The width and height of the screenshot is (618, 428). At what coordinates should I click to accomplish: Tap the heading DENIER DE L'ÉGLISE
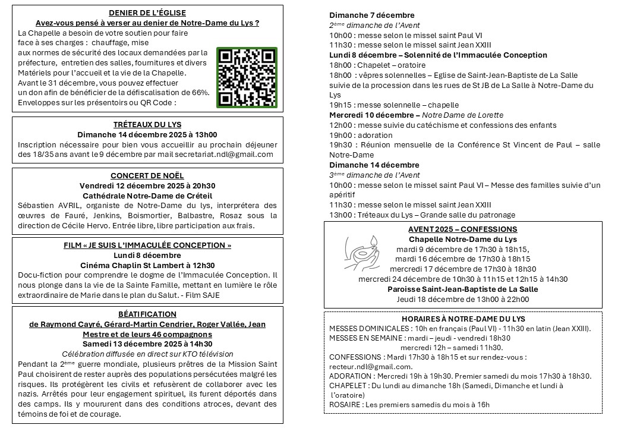click(147, 12)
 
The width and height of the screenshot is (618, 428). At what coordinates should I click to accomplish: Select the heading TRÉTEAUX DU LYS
click(147, 124)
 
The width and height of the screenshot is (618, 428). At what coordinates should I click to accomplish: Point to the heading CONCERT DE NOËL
click(147, 175)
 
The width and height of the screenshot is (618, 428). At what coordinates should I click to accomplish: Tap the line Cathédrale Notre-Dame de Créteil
click(147, 196)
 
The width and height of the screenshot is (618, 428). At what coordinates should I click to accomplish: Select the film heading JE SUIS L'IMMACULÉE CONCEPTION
click(147, 246)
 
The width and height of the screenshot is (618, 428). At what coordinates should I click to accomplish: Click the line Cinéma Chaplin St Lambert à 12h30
click(147, 265)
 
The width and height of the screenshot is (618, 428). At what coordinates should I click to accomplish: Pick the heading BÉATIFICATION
click(147, 314)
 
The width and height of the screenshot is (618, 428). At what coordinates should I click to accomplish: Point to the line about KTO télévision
click(147, 354)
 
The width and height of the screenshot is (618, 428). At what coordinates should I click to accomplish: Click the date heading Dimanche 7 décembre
click(372, 15)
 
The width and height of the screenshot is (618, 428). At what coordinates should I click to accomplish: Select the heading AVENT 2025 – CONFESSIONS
click(462, 229)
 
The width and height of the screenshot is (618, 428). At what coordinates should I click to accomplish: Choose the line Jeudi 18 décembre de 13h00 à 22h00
click(462, 299)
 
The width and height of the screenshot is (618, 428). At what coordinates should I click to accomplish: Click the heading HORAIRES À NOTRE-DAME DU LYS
click(462, 318)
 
